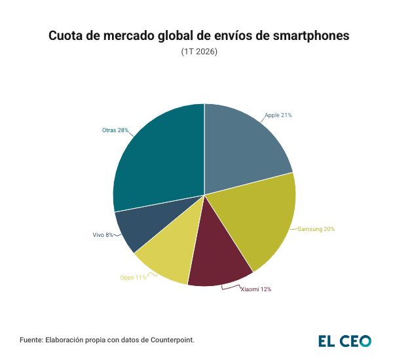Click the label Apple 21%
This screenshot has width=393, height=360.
pos(278,115)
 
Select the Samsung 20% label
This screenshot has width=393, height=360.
pos(316,229)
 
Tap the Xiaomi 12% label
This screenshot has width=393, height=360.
pos(255,289)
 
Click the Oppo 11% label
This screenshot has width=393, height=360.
pos(133,278)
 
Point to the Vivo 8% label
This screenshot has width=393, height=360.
pos(103,234)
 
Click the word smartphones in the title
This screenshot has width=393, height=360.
pos(308,37)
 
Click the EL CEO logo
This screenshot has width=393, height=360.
pos(345,340)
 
